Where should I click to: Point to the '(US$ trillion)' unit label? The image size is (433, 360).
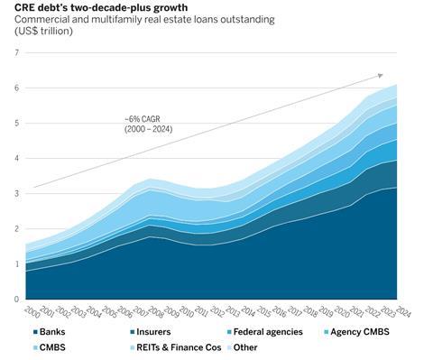pyautogui.click(x=42, y=31)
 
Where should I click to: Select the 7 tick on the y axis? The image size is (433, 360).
pyautogui.click(x=16, y=52)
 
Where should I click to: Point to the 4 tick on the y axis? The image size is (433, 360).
pyautogui.click(x=16, y=158)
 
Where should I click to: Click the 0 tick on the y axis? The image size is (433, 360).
pyautogui.click(x=16, y=299)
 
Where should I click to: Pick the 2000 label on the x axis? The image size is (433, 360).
pyautogui.click(x=29, y=310)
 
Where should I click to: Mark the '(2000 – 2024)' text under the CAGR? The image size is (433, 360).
pyautogui.click(x=149, y=130)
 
